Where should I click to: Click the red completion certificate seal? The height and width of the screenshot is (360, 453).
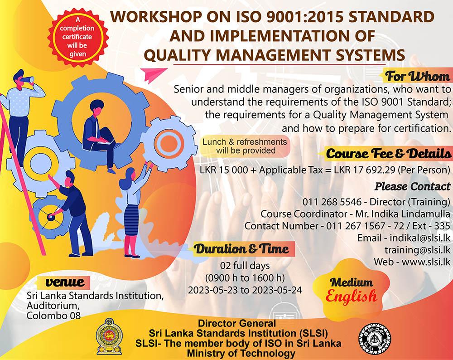78,37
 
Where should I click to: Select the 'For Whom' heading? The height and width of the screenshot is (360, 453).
418,76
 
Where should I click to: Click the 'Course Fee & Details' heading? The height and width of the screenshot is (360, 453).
389,153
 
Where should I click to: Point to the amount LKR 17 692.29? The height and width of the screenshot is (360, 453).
365,170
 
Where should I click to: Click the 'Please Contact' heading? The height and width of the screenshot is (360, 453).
413,186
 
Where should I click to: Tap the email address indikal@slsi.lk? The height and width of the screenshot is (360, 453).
420,238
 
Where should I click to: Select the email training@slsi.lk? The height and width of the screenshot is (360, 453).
418,249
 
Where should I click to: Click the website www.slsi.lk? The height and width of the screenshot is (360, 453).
426,262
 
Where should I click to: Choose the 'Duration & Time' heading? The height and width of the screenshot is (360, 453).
241,248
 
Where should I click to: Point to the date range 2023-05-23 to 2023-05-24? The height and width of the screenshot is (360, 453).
245,290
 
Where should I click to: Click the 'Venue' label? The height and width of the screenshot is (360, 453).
65,282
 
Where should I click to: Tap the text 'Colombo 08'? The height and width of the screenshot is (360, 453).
53,315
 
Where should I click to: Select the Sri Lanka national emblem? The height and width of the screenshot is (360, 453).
110,336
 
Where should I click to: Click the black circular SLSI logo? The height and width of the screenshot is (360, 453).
375,339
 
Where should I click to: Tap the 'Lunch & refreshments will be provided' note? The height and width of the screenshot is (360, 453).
245,146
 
